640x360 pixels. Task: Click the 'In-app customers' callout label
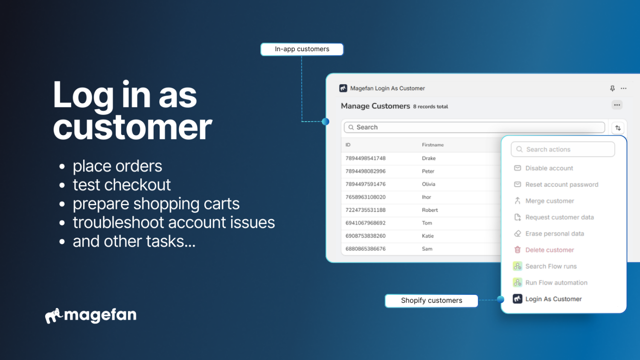pos(302,49)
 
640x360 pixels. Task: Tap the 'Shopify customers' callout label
pos(431,301)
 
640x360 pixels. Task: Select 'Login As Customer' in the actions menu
pos(553,299)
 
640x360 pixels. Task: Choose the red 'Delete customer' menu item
pos(549,250)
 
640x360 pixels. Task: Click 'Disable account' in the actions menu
pos(549,168)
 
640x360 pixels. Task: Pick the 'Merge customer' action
pos(549,201)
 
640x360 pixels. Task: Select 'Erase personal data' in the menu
pos(554,234)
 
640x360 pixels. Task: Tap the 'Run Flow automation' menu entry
pos(556,283)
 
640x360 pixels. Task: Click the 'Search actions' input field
pos(562,150)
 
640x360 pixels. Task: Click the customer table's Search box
pos(474,128)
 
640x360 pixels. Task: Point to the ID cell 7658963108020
pos(365,197)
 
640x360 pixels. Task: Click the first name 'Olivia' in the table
pos(428,184)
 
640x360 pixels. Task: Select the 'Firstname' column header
pos(433,145)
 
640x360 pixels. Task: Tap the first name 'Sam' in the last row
pos(427,249)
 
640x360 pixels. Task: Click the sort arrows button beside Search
pos(618,128)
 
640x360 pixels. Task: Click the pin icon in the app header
pos(612,88)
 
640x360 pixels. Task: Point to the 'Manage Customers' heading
pos(375,106)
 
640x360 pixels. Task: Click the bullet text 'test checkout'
pos(122,185)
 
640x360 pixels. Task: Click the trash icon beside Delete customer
pos(518,250)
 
